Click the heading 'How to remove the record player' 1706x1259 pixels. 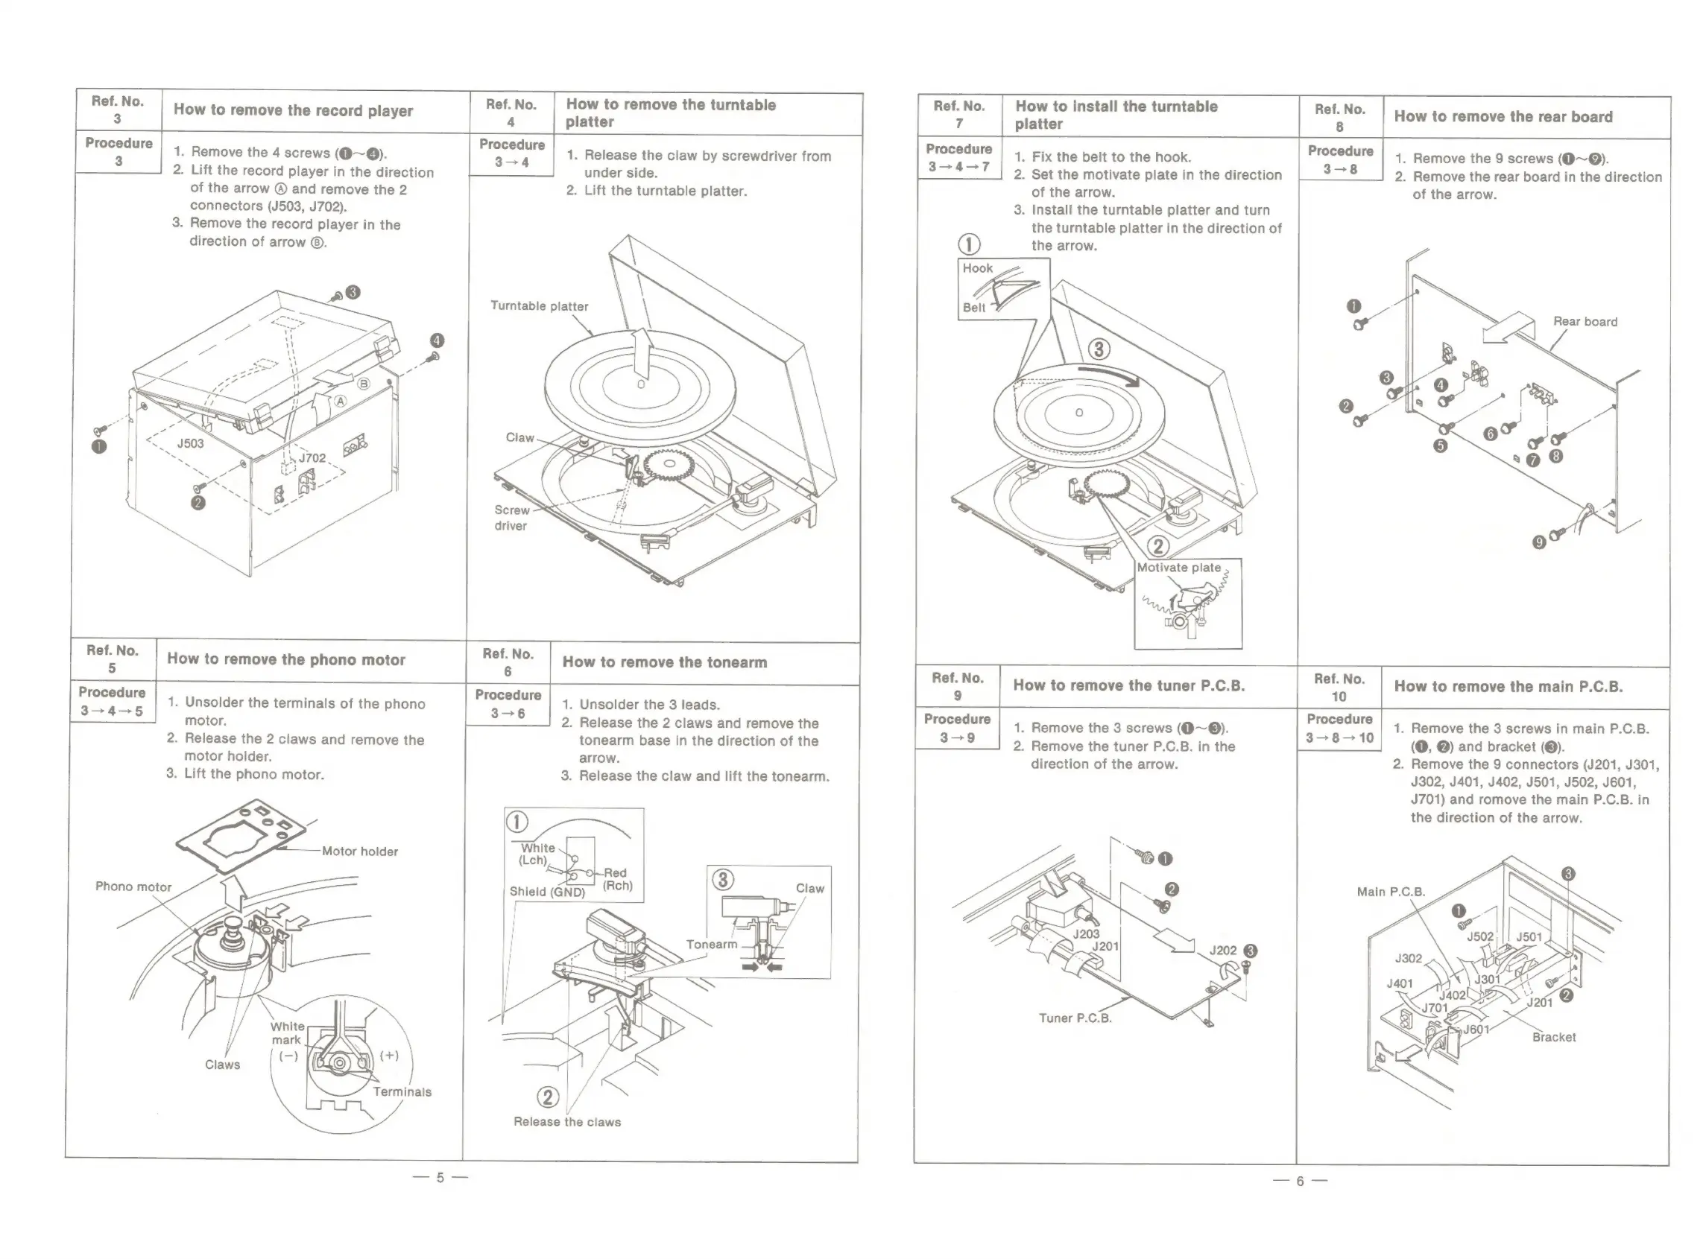coord(293,110)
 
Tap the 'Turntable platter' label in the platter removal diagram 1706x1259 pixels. coord(539,306)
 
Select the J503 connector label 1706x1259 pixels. coord(191,443)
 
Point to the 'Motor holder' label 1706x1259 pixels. coord(359,852)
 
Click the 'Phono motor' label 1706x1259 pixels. coord(133,887)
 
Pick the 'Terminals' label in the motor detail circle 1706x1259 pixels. coord(402,1092)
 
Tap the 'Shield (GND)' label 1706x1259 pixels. coord(546,892)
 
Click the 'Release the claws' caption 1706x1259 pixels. coord(567,1122)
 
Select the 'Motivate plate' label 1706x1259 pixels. coord(1178,568)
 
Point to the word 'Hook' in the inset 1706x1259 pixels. coord(977,268)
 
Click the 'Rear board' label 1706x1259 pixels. coord(1585,322)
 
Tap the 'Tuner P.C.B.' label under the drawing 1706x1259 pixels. coord(1075,1018)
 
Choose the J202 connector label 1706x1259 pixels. coord(1223,951)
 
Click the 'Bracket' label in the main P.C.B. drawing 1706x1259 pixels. coord(1553,1037)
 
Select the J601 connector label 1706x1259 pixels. coord(1476,1030)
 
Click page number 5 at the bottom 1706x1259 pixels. coord(440,1178)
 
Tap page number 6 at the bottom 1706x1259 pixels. coord(1300,1182)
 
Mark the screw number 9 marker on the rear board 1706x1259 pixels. coord(1539,542)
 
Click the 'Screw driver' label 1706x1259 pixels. coord(511,518)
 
